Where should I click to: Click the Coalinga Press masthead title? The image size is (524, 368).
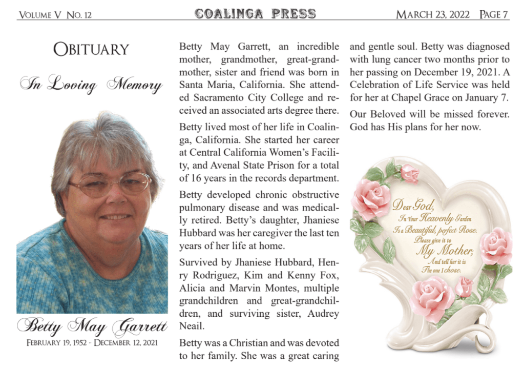[255, 14]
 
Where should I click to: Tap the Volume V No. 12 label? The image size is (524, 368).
[55, 15]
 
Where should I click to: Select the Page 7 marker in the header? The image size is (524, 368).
[494, 14]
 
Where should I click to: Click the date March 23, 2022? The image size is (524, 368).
[433, 14]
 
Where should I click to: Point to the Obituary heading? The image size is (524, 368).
[91, 50]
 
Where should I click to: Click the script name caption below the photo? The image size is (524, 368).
[92, 325]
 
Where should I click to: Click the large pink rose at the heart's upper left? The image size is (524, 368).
[371, 198]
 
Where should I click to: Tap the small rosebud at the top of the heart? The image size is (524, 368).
[410, 173]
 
